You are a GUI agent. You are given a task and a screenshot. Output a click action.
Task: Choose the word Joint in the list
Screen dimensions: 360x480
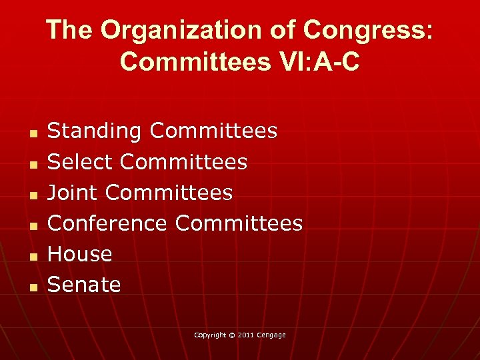[73, 193]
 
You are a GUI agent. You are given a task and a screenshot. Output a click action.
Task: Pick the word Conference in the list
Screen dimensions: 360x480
[107, 223]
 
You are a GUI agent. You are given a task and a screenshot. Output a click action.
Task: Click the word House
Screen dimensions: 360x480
[80, 254]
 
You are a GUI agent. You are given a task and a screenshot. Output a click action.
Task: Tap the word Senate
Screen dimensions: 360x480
[84, 285]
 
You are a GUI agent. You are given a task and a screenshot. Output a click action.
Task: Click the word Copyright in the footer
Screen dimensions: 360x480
[210, 335]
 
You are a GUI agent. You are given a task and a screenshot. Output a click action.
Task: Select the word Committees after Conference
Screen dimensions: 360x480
[239, 223]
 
